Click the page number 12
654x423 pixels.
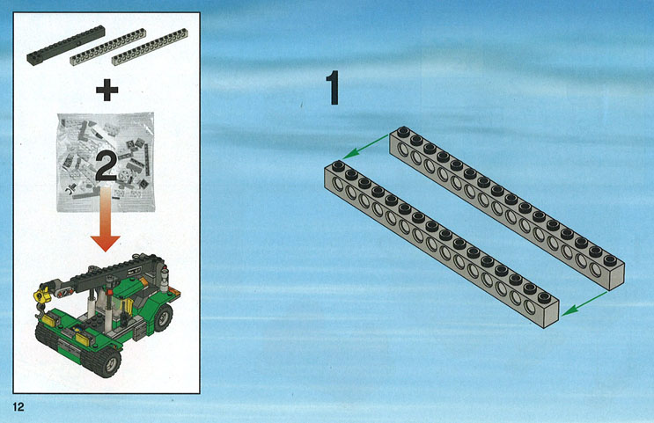coord(18,407)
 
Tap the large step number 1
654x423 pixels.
coord(334,88)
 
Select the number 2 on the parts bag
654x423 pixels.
coord(106,166)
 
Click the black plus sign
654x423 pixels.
coord(107,90)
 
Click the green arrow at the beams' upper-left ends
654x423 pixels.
coord(365,147)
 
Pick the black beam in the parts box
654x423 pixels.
coord(66,46)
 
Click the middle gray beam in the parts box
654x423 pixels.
coord(107,47)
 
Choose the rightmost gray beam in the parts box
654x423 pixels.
coord(150,47)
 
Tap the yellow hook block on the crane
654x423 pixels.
coord(40,296)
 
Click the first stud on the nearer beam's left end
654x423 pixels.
coord(338,166)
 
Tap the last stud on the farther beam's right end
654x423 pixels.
coord(610,260)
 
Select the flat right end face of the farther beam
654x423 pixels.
coord(617,276)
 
